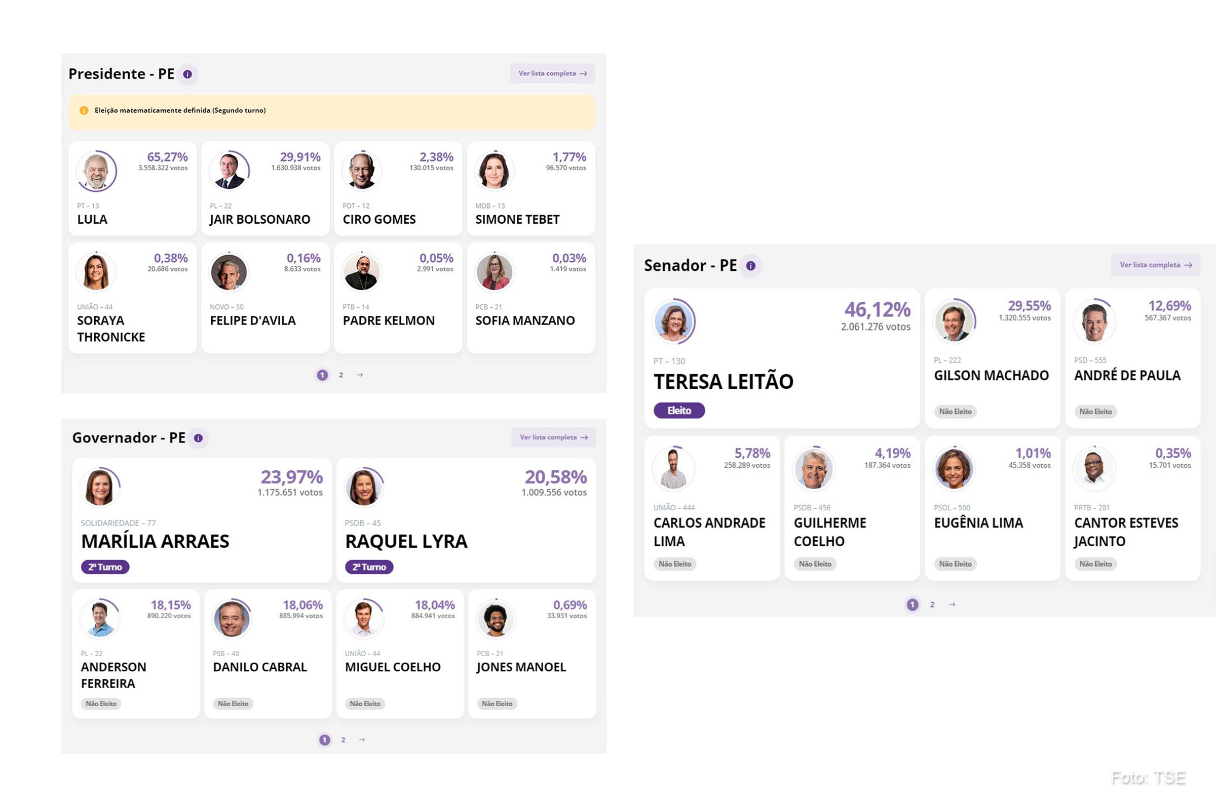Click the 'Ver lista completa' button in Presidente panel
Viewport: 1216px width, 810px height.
(x=552, y=73)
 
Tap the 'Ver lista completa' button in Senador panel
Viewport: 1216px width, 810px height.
(x=1155, y=264)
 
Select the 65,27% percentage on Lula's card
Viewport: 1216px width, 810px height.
(x=167, y=156)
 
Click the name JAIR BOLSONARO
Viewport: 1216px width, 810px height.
(x=259, y=220)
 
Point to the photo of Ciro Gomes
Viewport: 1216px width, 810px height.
(x=362, y=171)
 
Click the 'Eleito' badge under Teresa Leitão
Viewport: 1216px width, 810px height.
(x=679, y=411)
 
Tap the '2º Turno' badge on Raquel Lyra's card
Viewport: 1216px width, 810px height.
(x=369, y=567)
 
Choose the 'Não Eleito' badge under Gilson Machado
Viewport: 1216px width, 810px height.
(x=955, y=412)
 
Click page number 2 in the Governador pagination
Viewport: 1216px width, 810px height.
(x=343, y=740)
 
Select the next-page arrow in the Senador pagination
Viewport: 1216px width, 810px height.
(x=952, y=604)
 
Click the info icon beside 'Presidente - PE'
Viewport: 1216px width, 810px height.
(x=187, y=74)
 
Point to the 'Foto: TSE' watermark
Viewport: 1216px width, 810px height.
(x=1148, y=778)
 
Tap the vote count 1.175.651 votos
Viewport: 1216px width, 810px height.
(x=290, y=493)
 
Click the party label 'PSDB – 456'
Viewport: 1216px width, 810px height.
(x=812, y=508)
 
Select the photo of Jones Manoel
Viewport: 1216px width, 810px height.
(x=496, y=619)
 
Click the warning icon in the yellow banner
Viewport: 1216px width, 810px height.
(x=84, y=110)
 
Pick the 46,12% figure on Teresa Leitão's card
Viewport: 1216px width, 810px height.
(x=877, y=310)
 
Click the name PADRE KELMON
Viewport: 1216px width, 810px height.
(x=389, y=321)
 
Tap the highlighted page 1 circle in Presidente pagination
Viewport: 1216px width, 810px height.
(x=322, y=375)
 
